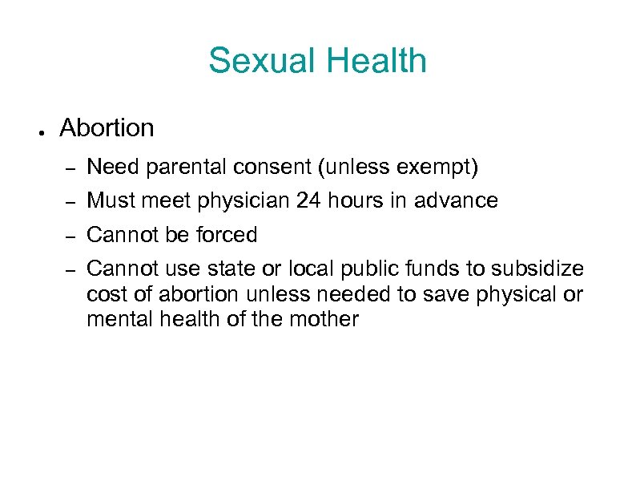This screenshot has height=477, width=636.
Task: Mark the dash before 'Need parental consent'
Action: [x=70, y=168]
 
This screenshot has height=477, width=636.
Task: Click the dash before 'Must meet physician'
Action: [x=70, y=202]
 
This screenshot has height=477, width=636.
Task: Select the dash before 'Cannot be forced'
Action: [x=70, y=236]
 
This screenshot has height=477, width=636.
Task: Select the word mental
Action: [x=115, y=319]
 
